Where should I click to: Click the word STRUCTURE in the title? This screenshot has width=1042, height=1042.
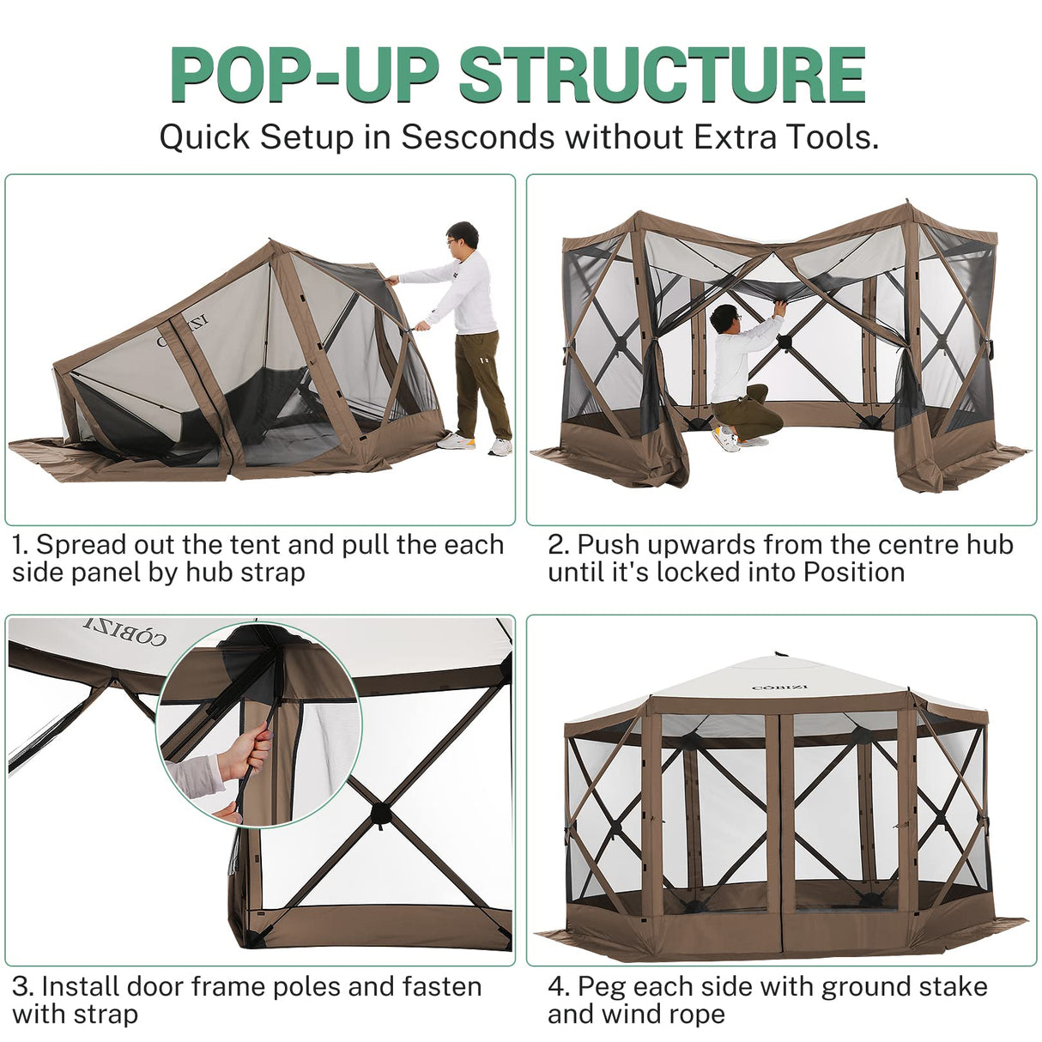[662, 76]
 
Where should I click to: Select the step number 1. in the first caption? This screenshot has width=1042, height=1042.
[21, 545]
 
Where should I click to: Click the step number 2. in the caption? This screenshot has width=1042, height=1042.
[559, 545]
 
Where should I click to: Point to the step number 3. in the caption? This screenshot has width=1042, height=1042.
[23, 987]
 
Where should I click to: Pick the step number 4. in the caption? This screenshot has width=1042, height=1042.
[560, 987]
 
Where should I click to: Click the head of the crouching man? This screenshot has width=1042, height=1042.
[724, 320]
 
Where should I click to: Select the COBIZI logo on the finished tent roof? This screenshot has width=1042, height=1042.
[779, 685]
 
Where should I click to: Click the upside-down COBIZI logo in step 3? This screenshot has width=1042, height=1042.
[125, 631]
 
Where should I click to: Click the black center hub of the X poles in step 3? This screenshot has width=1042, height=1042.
[379, 812]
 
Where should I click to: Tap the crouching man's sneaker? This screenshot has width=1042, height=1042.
[726, 440]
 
